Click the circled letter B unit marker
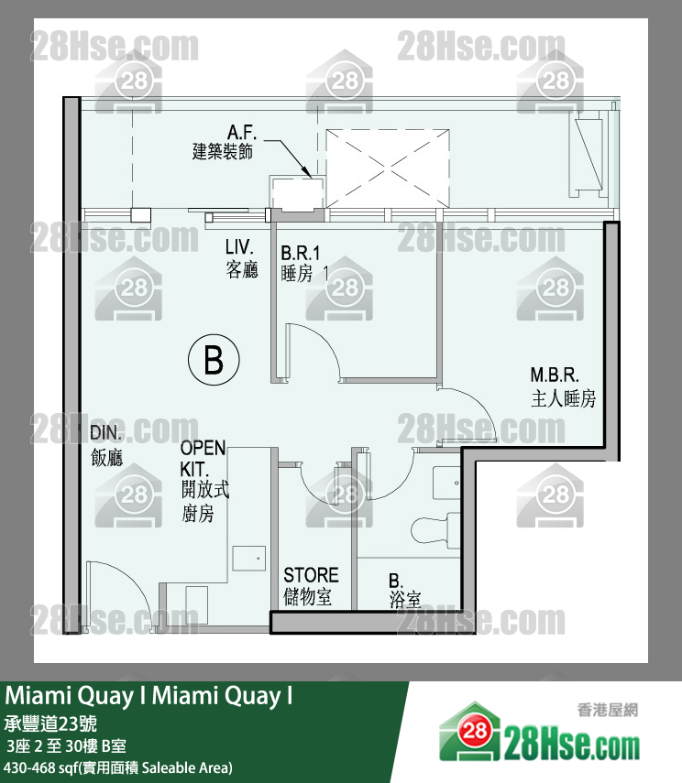(214, 360)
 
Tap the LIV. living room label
(241, 258)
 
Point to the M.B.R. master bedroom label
(563, 386)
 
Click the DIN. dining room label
(106, 445)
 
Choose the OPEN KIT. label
(204, 481)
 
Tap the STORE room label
(311, 586)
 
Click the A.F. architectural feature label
(224, 142)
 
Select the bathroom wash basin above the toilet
(446, 483)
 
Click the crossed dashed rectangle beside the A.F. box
(388, 169)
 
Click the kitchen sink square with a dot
(248, 558)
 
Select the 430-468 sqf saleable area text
(118, 767)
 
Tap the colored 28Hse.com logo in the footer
(539, 734)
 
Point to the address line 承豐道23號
(50, 723)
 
